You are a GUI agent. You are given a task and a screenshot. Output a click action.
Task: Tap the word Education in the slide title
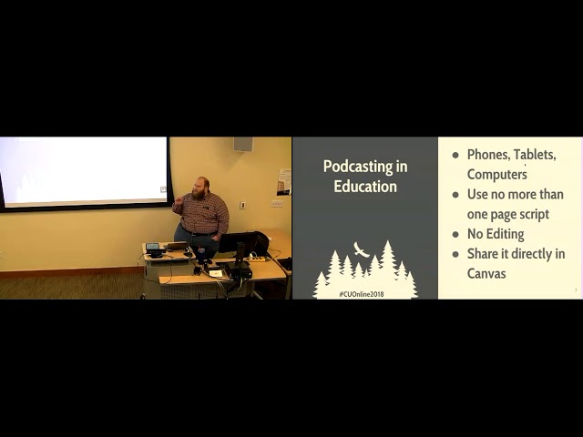click(365, 186)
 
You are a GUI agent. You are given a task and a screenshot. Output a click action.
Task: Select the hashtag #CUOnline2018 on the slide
click(362, 294)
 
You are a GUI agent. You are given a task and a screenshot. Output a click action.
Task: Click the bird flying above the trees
click(361, 249)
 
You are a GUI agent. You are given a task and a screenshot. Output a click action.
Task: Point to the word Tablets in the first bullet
click(535, 155)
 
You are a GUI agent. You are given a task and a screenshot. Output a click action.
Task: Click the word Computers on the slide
click(496, 174)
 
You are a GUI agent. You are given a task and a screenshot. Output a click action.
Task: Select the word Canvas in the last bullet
click(486, 274)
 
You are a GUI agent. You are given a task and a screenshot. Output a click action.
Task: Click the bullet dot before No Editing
click(455, 235)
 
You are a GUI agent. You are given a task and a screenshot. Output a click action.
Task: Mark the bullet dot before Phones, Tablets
click(455, 156)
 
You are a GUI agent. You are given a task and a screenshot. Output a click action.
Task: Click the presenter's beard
click(198, 193)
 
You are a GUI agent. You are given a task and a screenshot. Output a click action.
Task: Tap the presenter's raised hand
click(178, 201)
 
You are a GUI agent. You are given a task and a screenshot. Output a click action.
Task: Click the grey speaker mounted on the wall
click(243, 144)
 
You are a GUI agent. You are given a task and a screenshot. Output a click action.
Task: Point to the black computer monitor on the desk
click(238, 242)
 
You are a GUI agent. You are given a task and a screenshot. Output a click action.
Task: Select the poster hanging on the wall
click(284, 182)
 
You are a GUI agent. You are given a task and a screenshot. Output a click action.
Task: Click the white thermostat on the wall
click(243, 205)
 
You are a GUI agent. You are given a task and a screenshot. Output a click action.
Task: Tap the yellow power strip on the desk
click(257, 258)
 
